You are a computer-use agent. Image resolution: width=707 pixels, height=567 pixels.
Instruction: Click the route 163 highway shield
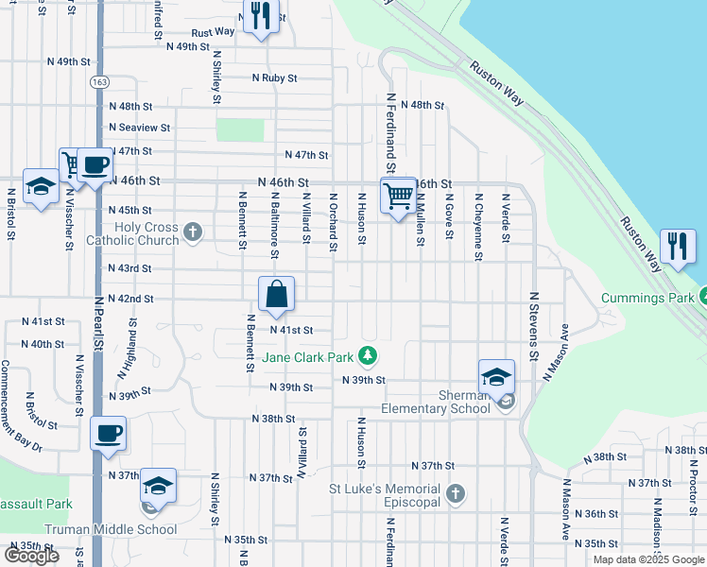point(99,82)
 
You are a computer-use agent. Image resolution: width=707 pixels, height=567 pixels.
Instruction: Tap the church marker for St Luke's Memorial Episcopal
point(455,494)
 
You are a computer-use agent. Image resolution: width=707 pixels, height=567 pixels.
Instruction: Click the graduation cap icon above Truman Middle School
point(158,487)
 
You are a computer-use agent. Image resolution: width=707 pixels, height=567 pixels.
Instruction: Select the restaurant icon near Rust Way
point(261,17)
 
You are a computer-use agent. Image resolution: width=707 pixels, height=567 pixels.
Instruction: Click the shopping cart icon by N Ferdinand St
point(398,197)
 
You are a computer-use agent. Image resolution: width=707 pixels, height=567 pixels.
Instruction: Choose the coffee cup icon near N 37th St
point(108,434)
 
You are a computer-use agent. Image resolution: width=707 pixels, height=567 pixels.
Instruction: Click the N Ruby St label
point(274,78)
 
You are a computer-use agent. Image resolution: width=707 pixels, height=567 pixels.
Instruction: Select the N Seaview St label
point(139,127)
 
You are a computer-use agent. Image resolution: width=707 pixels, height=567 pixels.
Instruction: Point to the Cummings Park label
point(647,299)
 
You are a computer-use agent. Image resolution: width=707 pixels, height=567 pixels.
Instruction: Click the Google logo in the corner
point(31,556)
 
